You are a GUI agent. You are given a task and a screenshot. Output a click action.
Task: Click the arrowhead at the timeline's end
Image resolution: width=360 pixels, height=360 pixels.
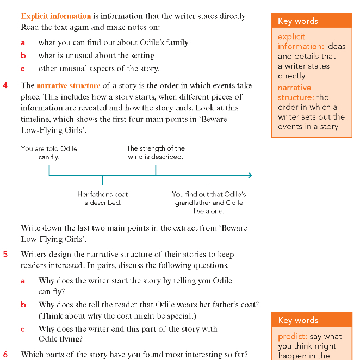pos(250,175)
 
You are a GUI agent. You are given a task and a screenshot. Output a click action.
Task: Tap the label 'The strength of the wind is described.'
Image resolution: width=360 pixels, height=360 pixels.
pos(156,152)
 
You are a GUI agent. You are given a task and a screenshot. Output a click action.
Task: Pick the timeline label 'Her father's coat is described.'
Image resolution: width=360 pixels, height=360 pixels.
pos(102,198)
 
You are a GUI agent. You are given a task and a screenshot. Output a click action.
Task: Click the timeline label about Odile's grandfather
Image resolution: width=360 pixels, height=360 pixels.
pos(209,202)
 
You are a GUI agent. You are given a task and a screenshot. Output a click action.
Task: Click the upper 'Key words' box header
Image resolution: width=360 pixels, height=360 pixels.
pos(298,21)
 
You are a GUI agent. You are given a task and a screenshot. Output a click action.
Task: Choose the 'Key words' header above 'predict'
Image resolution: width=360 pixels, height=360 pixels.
pos(298,320)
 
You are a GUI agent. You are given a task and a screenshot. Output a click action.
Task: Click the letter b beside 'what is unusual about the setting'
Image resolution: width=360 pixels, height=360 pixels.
pos(23,55)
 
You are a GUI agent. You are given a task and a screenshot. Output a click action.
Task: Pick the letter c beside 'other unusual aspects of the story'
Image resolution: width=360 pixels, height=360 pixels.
pos(23,69)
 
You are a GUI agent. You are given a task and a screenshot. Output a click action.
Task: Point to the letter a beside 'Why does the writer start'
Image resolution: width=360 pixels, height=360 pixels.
pos(23,281)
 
